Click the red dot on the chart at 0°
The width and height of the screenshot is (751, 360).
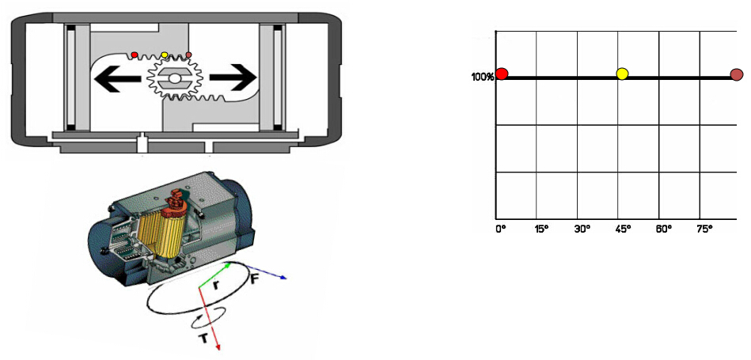tap(502, 74)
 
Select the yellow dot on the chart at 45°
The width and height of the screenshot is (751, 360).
tap(622, 74)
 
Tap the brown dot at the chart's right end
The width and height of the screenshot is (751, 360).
tap(737, 74)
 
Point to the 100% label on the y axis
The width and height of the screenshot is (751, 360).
tap(483, 77)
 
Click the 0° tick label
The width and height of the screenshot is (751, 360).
tap(500, 229)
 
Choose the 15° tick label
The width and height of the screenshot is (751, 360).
tap(541, 229)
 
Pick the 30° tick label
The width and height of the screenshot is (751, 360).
tap(582, 229)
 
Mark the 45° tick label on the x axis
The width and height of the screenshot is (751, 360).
tap(623, 229)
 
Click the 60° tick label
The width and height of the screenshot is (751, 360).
tap(664, 229)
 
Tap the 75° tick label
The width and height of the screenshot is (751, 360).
tap(705, 229)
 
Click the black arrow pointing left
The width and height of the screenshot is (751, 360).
tap(119, 78)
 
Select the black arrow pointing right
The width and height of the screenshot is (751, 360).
tap(233, 78)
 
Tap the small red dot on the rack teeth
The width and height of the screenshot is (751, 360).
tap(135, 55)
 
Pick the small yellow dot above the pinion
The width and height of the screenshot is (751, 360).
tap(165, 55)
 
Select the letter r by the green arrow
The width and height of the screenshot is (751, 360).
tap(217, 286)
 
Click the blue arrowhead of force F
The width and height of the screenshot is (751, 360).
tap(283, 277)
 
